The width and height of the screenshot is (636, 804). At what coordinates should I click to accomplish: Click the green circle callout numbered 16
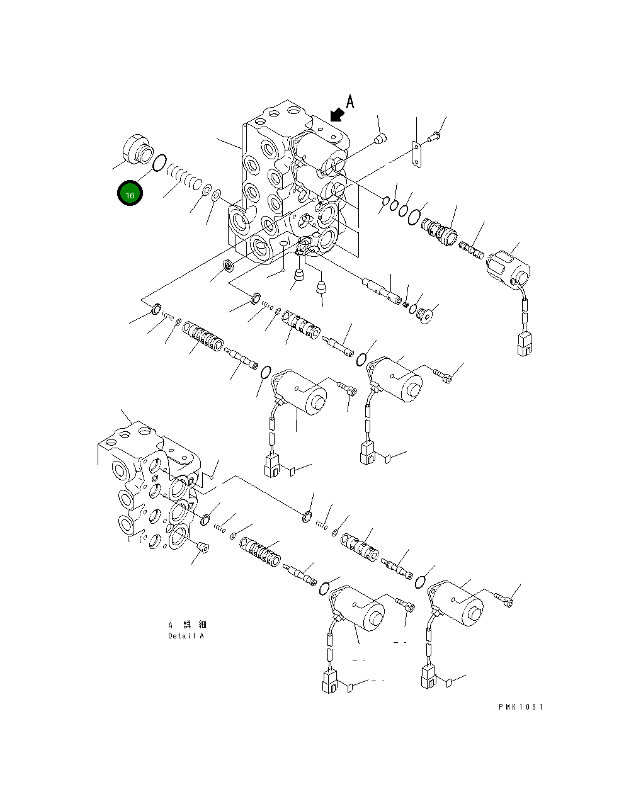click(x=130, y=194)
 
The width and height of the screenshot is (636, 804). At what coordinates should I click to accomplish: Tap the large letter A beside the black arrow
click(x=350, y=101)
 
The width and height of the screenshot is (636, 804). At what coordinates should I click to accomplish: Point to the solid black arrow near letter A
click(x=337, y=114)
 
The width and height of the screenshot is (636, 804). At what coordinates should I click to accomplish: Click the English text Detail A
click(x=186, y=636)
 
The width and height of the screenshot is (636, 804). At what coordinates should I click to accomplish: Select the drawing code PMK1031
click(x=520, y=706)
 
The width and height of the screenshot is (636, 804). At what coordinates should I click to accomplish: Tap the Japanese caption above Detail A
click(x=187, y=625)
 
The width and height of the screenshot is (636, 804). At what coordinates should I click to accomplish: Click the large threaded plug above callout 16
click(x=137, y=150)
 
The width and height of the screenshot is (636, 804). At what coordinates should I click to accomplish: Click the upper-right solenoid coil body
click(x=509, y=267)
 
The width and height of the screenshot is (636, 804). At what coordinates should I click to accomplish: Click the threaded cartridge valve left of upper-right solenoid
click(x=440, y=230)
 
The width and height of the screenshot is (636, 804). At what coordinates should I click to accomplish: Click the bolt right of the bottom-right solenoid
click(x=504, y=599)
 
